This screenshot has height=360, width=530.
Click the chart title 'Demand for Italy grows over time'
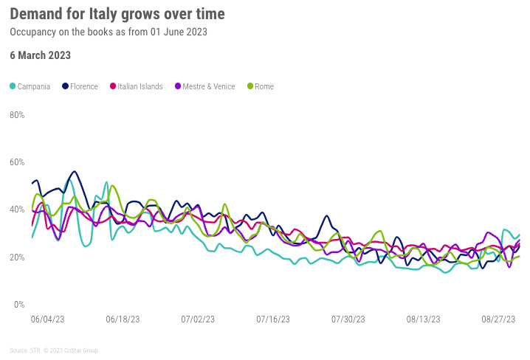point(117,14)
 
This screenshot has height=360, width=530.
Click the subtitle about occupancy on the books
point(108,32)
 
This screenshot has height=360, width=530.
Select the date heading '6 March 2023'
point(40,55)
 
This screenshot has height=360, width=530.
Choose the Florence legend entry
point(80,87)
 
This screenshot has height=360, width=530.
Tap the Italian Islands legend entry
point(137,87)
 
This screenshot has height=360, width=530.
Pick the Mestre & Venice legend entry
point(204,87)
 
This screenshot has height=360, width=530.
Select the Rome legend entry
point(260,87)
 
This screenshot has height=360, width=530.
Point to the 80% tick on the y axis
point(17,115)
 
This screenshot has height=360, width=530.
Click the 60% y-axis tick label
point(17,162)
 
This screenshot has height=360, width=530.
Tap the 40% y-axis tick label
point(17,210)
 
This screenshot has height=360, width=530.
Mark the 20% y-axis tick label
point(17,257)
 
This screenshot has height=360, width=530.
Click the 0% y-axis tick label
point(19,305)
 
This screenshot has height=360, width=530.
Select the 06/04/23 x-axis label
point(48,319)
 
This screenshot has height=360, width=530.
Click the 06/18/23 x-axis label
point(123,319)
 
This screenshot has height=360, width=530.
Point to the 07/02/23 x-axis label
point(198,319)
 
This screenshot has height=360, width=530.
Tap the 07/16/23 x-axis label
point(273,319)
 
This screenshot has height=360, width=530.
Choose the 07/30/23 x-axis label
point(348,319)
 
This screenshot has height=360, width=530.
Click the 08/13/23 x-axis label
point(424,319)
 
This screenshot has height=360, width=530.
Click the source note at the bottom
point(54,350)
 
